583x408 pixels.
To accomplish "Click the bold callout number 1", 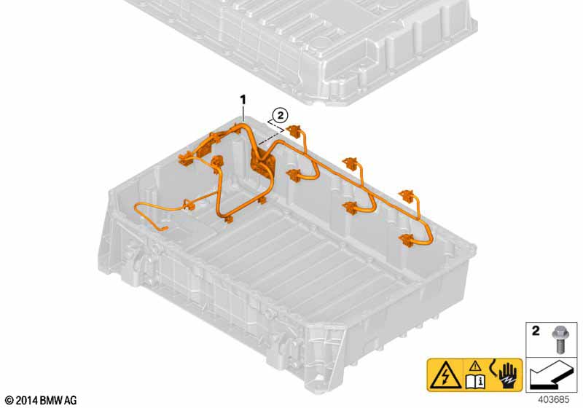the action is tap(243, 100).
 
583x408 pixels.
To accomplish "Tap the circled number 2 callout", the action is tap(281, 115).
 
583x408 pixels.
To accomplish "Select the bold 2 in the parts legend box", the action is tap(536, 330).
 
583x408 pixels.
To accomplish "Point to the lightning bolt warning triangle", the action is tap(445, 375).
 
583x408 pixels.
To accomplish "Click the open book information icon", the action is tap(475, 382).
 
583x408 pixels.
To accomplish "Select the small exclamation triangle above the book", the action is tap(475, 367).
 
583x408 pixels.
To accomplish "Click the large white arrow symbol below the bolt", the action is tap(551, 374).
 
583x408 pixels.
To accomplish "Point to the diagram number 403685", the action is tap(553, 400).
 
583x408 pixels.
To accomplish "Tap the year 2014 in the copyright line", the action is tap(27, 401).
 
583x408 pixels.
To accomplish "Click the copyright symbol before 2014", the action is tap(10, 401).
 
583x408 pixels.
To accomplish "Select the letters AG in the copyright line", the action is tap(71, 401).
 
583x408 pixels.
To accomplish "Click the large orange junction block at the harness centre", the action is tap(263, 162).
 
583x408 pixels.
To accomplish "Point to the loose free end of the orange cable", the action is tap(165, 229).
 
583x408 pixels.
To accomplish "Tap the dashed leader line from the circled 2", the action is tap(271, 134).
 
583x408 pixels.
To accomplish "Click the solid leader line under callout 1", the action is tap(243, 114).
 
